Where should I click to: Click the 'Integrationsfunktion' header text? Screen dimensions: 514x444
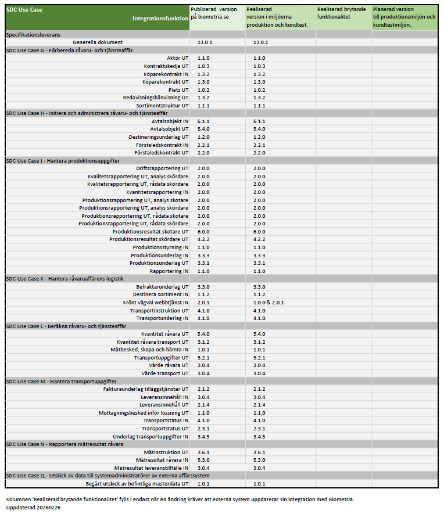[x=160, y=19]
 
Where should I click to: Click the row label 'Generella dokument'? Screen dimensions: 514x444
[x=98, y=42]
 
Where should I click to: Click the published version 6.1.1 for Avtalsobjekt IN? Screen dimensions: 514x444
[x=203, y=121]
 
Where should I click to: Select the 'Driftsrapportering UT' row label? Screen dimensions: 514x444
[x=158, y=168]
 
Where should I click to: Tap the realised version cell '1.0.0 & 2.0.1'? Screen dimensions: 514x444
[x=268, y=303]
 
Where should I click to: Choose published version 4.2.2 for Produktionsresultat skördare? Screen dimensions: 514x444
[x=203, y=239]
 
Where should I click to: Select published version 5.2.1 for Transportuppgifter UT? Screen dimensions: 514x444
[x=203, y=358]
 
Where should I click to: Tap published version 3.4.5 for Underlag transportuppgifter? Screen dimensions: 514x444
[x=203, y=437]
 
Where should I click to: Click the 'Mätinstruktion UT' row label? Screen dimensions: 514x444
[x=166, y=452]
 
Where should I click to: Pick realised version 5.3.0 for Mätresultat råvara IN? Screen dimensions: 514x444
[x=259, y=460]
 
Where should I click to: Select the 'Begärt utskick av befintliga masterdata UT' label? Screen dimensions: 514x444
[x=137, y=484]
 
